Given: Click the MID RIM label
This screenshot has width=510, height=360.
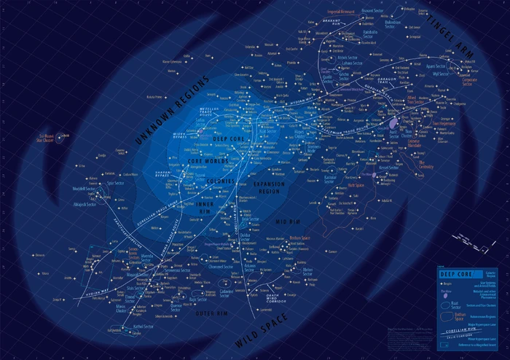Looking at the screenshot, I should pos(275,219).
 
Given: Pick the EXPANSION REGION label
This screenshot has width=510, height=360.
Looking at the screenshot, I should pos(267,189).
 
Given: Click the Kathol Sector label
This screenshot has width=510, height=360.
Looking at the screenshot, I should pos(144,326).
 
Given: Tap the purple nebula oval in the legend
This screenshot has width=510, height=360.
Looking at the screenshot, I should pos(444,295).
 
